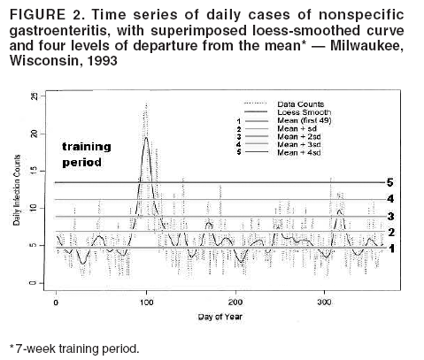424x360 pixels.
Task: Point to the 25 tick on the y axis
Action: [33, 96]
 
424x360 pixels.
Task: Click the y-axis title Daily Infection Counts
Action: [17, 191]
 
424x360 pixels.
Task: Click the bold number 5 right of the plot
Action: [390, 182]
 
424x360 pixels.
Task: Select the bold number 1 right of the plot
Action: [390, 249]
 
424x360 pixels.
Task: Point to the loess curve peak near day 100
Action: [146, 138]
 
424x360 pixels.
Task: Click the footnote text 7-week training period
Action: [75, 348]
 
